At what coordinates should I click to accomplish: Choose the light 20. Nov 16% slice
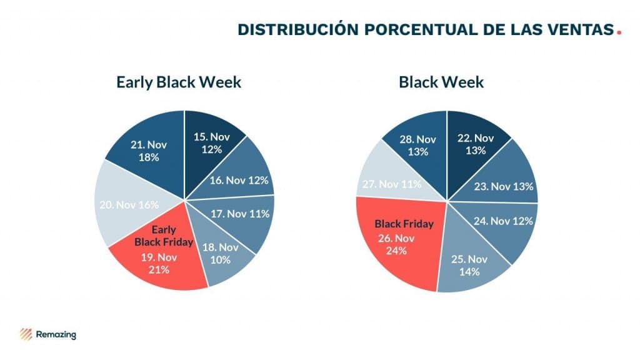[x=128, y=205]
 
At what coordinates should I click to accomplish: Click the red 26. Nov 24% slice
[x=400, y=241]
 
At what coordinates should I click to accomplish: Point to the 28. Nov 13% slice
[x=417, y=145]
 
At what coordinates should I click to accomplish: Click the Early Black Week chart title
[x=179, y=82]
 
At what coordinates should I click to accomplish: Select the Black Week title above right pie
[x=441, y=82]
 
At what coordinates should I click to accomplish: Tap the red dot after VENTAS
[x=619, y=32]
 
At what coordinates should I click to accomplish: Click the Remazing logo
[x=48, y=334]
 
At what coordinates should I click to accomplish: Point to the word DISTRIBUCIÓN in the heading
[x=291, y=29]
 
